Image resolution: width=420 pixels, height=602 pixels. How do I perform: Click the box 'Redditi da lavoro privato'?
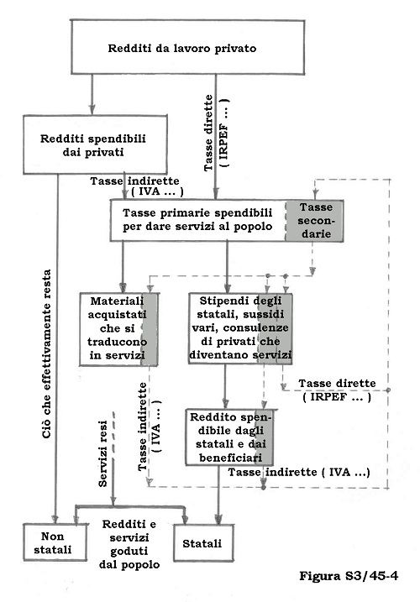pos(188,47)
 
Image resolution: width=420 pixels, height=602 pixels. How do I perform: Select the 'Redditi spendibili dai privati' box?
pos(95,144)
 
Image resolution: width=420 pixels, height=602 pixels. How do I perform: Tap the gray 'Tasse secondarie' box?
pos(315,220)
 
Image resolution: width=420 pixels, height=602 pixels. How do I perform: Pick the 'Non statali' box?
pos(55,542)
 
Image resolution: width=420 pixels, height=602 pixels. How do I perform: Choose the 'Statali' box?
pos(203,543)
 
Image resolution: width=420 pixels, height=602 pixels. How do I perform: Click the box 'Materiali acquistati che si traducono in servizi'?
pos(118,329)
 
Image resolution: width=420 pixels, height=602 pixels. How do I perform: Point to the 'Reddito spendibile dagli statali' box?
pos(229,437)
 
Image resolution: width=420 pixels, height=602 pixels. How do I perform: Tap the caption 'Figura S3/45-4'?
pos(349,575)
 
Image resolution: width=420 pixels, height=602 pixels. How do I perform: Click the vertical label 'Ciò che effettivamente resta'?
pos(46,353)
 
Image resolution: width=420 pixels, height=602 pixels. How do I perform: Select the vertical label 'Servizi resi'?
pos(103,453)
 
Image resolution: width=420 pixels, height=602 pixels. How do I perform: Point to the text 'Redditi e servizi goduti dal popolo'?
pos(129,544)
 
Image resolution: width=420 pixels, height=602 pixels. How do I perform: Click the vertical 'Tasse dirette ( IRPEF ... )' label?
pos(216,133)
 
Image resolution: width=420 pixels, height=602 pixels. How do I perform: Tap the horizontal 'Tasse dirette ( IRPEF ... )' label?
pos(337,390)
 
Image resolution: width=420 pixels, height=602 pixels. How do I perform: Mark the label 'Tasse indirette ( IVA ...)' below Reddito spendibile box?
pos(299,472)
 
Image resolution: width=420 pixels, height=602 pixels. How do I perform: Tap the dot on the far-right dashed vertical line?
pos(388,390)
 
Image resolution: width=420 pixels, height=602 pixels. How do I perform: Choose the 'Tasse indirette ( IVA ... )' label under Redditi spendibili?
pos(135,186)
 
